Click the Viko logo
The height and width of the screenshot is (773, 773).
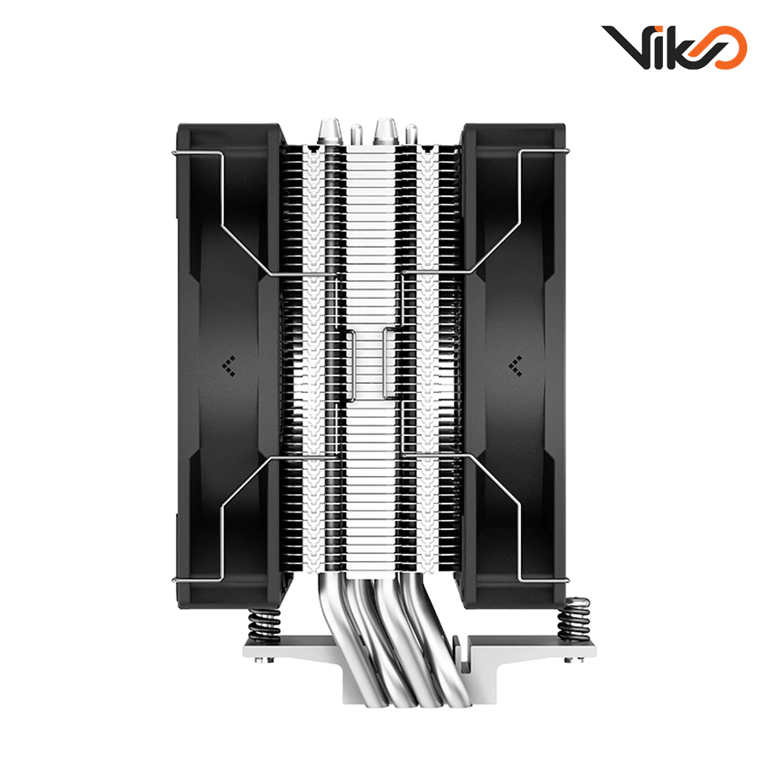tap(674, 47)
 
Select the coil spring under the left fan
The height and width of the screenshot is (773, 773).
tap(262, 627)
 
